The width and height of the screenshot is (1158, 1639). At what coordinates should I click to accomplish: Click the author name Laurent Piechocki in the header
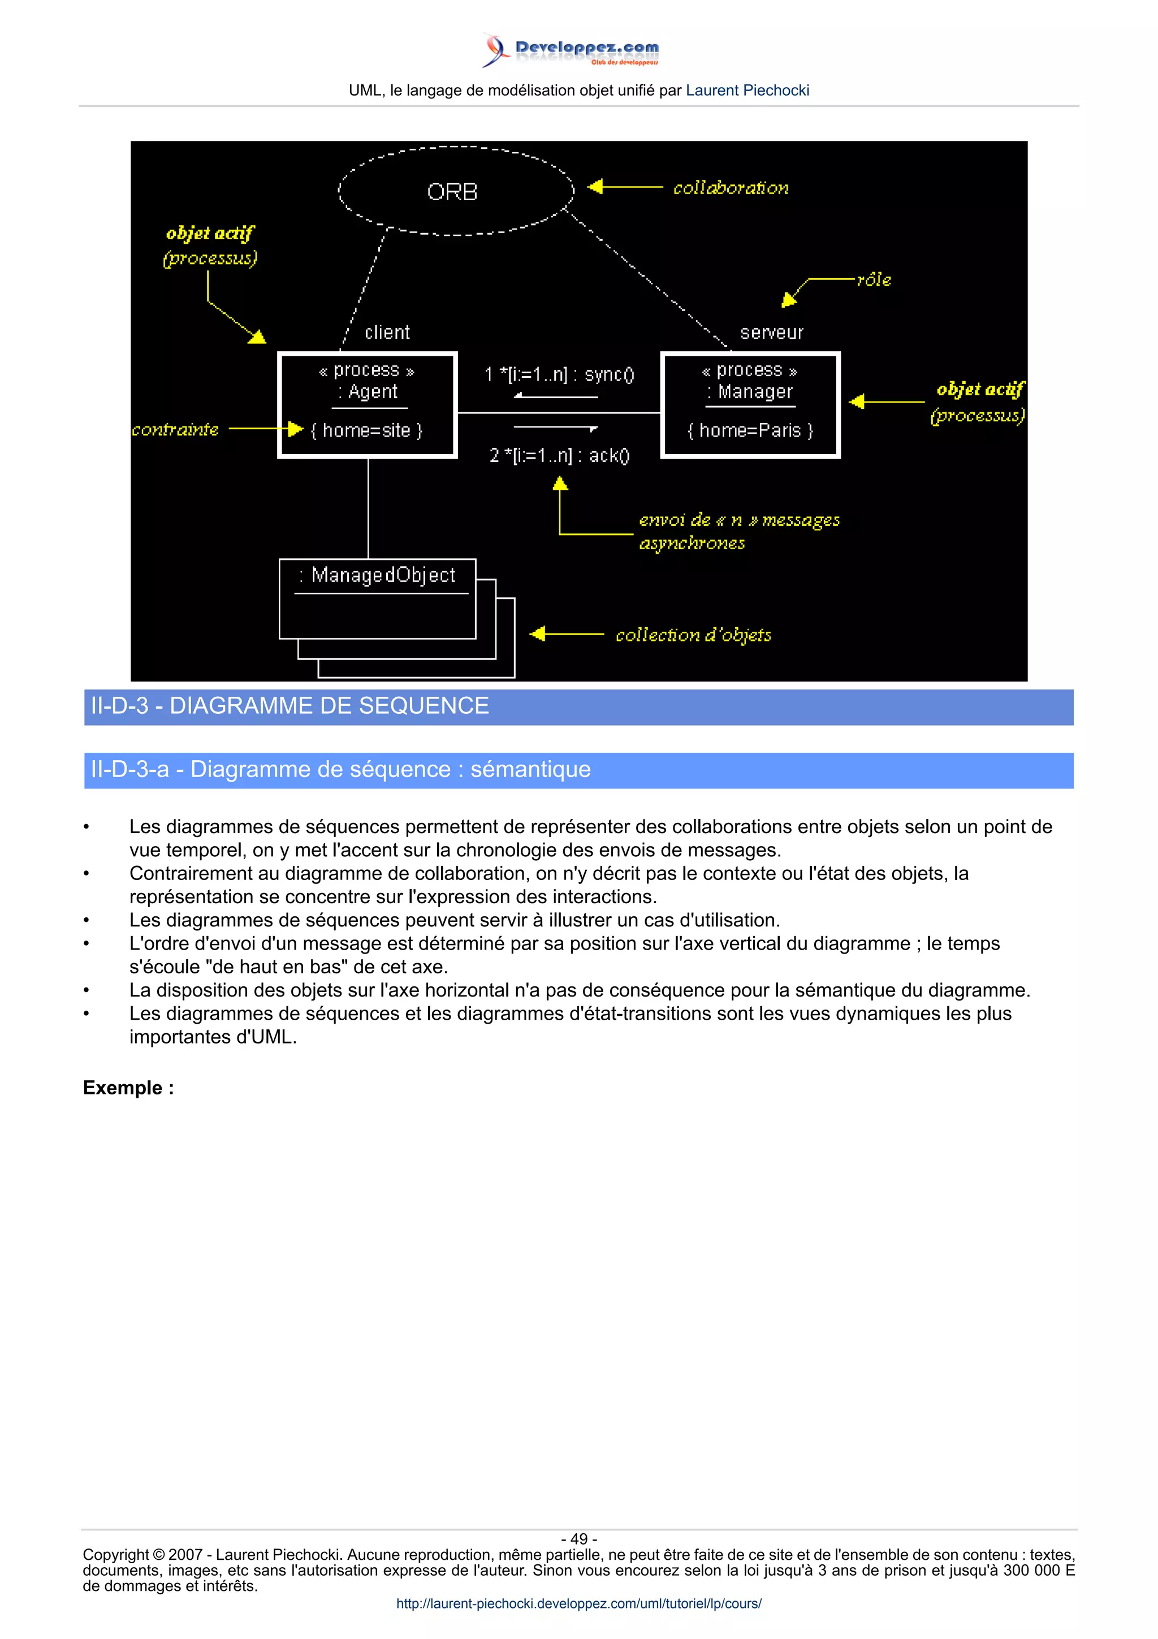click(x=747, y=90)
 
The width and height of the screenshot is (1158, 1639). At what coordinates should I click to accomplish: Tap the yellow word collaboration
click(x=731, y=188)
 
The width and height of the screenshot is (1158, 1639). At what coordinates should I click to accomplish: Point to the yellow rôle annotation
click(x=874, y=280)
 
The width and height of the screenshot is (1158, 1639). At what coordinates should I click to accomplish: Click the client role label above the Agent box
click(x=387, y=333)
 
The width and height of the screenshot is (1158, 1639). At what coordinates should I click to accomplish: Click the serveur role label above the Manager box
click(x=771, y=333)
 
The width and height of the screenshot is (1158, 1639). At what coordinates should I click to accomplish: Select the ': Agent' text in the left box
click(x=368, y=392)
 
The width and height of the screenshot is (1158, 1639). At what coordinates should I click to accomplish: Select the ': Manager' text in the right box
click(x=750, y=392)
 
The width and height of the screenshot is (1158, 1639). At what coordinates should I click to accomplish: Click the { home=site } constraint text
click(x=367, y=430)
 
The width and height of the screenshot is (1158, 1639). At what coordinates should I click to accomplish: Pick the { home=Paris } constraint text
click(x=750, y=430)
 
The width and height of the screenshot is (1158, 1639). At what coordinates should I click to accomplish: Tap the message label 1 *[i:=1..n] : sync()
click(x=559, y=375)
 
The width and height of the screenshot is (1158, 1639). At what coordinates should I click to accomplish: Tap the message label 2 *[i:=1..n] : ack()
click(x=559, y=455)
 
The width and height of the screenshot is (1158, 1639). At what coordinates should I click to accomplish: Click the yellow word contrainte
click(x=175, y=430)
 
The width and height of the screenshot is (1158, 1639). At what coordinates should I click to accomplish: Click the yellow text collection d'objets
click(x=693, y=635)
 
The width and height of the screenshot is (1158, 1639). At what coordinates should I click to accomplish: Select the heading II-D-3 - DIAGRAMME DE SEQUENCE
click(x=289, y=706)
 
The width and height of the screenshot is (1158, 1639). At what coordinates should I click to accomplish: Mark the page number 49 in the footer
click(x=578, y=1539)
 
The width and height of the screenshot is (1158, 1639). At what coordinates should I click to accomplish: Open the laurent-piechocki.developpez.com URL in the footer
click(x=578, y=1603)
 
